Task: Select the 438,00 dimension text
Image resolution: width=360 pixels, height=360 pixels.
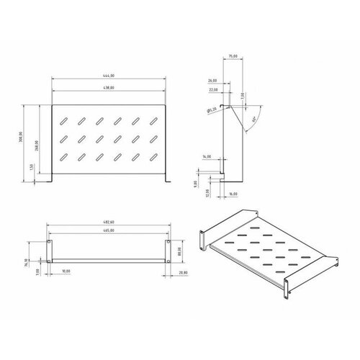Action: (x=109, y=89)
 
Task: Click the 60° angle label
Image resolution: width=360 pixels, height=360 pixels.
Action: (x=256, y=114)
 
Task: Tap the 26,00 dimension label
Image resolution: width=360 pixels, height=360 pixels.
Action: (x=213, y=81)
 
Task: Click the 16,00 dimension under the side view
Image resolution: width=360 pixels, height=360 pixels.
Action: (x=235, y=194)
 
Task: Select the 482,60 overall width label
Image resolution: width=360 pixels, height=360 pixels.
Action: (x=109, y=222)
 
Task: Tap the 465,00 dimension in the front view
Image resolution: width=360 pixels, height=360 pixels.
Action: (x=109, y=231)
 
